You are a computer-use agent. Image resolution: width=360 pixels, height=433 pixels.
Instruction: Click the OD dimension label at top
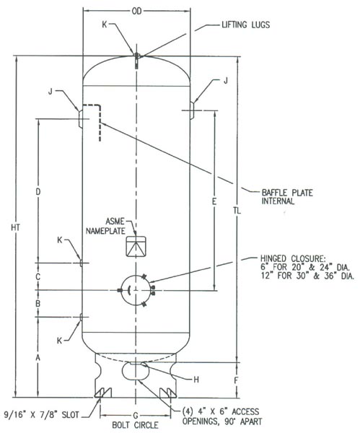[136, 11]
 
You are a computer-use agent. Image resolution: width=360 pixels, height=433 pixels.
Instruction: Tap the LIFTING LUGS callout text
[246, 25]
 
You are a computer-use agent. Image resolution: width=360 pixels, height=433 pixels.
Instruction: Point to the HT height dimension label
[16, 227]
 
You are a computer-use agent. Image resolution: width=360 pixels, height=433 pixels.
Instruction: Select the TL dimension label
[237, 211]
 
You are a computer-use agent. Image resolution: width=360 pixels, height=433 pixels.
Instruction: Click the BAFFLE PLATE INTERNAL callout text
[287, 196]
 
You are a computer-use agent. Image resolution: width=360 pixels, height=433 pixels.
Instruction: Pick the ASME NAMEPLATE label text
[105, 226]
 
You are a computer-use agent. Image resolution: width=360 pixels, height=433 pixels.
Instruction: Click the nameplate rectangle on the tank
[136, 247]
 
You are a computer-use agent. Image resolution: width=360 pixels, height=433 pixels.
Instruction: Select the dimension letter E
[214, 201]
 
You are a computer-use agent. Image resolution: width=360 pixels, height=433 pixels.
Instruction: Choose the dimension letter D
[38, 192]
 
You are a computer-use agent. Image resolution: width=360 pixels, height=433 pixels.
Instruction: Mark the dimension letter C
[38, 276]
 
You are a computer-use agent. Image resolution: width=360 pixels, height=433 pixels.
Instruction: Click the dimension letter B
[38, 304]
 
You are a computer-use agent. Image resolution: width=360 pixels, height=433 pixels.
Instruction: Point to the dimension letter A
[38, 358]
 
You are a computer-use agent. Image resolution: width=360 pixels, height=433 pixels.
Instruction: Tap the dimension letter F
[236, 380]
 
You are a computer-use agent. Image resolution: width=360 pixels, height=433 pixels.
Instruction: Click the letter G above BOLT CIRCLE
[136, 415]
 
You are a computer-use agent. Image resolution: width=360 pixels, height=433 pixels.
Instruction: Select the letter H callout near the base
[196, 380]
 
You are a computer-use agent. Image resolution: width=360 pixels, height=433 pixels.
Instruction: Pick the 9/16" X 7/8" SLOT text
[42, 414]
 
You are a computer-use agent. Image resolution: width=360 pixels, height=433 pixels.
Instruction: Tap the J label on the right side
[226, 81]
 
